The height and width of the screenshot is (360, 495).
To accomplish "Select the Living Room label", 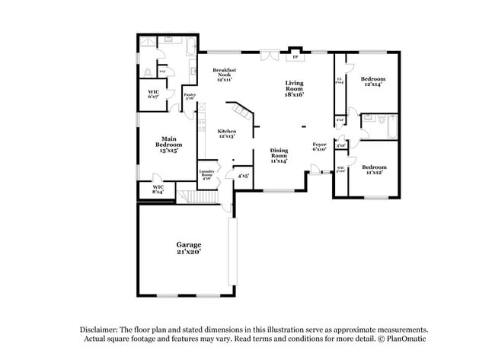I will point(294,88).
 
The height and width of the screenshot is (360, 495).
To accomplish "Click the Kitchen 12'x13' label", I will point(225,132).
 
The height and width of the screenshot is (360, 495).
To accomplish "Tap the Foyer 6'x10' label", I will point(319,146).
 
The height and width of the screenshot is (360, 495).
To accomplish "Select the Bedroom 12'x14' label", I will point(373,81).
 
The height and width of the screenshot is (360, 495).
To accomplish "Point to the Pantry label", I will point(190,97).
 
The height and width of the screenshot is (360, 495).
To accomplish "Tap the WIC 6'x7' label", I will point(153,94).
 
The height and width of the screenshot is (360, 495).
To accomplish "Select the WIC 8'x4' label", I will point(158,189).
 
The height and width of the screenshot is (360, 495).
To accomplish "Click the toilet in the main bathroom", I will point(147,72).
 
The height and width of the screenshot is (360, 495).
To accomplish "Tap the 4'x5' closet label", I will point(243,176).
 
